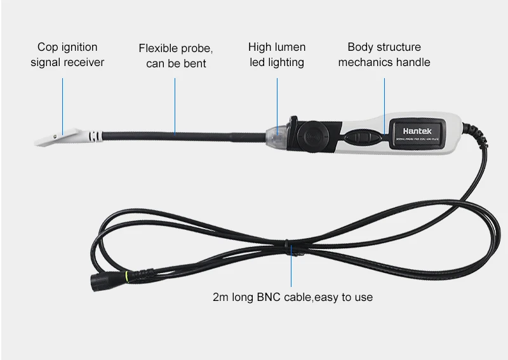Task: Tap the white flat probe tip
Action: point(61,136)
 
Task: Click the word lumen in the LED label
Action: point(290,47)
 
